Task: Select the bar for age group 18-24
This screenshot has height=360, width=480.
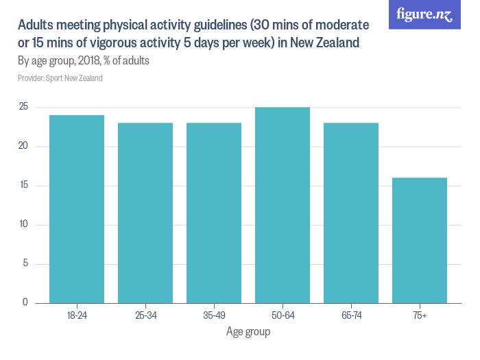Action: point(77,209)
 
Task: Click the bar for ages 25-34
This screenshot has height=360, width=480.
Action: point(145,213)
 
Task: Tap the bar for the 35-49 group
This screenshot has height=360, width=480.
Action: point(214,213)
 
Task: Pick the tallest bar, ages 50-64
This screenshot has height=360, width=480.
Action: point(283,205)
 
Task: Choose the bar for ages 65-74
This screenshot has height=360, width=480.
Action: point(351,213)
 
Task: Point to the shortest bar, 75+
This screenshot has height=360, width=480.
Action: point(420,240)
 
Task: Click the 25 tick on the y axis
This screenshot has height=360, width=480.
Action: point(23,107)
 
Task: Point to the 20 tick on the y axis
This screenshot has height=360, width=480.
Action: point(23,146)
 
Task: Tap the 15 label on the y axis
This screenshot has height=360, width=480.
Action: point(23,186)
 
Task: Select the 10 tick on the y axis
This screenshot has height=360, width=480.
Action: point(23,225)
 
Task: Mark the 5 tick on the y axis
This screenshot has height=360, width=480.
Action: point(25,264)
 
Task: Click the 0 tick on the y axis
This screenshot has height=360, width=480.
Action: point(25,302)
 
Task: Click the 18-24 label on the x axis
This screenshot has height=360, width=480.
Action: point(77,316)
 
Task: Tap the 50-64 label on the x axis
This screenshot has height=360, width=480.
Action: point(283,316)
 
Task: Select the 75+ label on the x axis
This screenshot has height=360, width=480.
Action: point(420,316)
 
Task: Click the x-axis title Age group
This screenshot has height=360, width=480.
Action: point(248,332)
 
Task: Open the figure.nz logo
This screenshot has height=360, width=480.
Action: point(424,14)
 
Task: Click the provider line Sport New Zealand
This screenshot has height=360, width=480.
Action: point(60,78)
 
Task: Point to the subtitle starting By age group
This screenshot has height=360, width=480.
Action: point(84,61)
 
